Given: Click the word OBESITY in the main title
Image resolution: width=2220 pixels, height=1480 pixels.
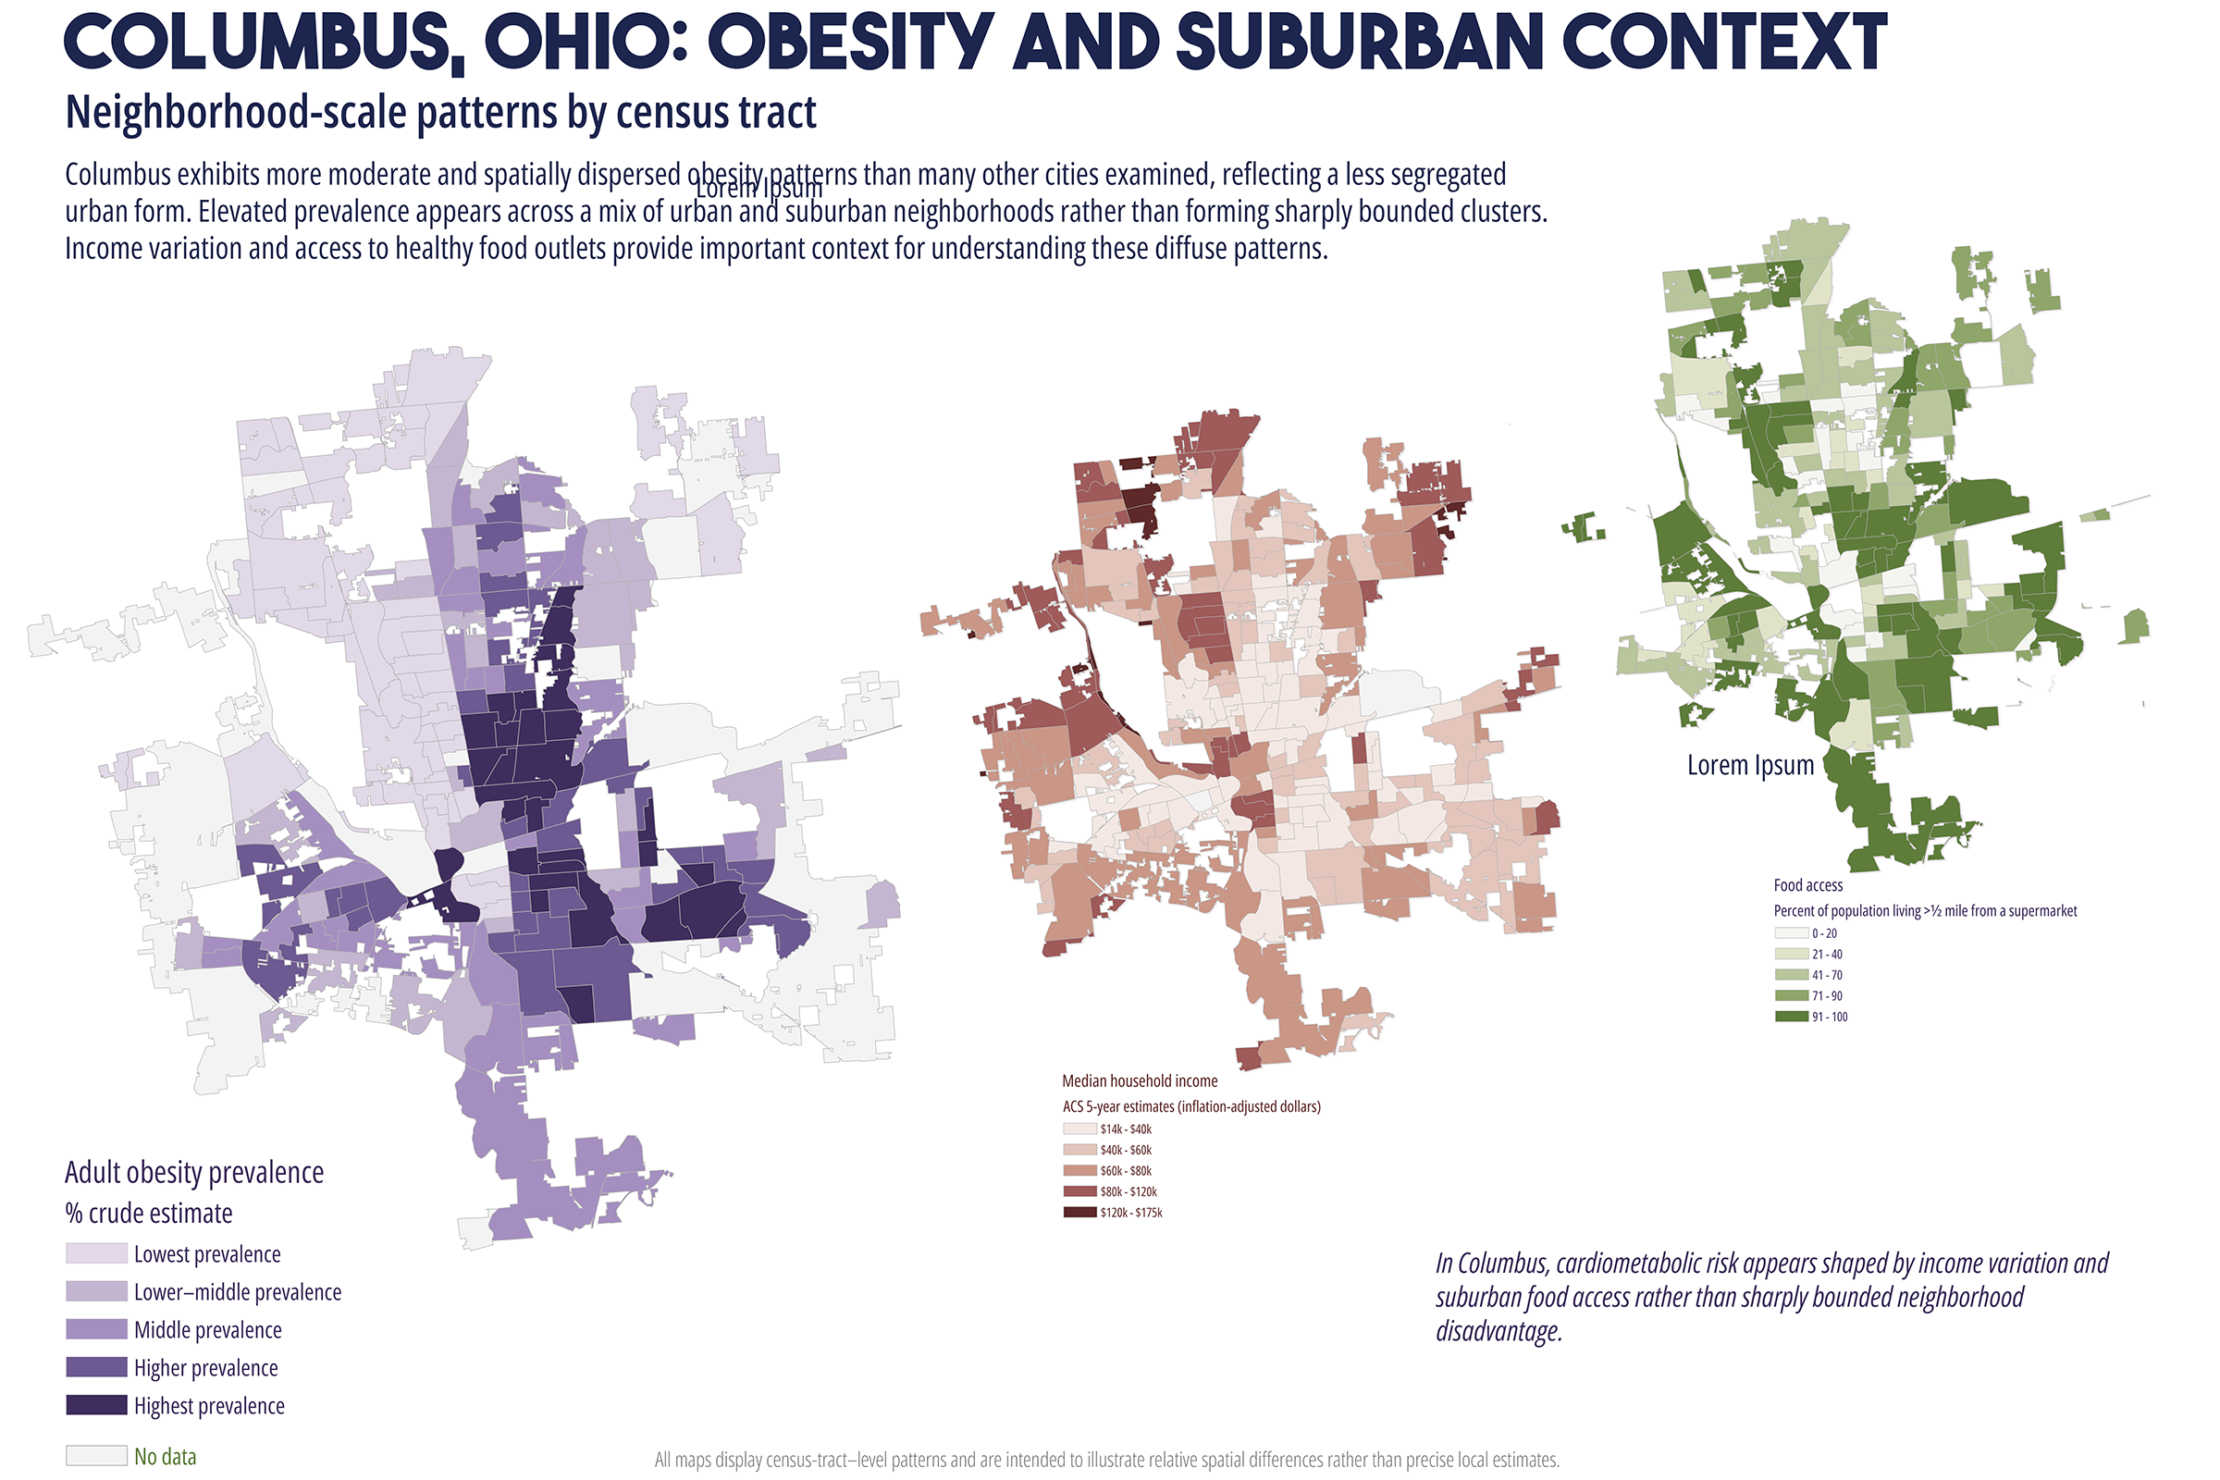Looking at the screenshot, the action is (850, 43).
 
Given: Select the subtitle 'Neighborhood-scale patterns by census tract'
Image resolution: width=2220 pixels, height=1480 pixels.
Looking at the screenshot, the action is (441, 112).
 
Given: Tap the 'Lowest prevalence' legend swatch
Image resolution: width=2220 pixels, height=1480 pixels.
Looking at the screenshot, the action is (96, 1253).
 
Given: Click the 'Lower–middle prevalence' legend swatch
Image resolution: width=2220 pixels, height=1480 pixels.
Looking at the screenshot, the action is (96, 1291).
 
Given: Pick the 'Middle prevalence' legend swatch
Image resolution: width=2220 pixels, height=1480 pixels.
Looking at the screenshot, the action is (96, 1329).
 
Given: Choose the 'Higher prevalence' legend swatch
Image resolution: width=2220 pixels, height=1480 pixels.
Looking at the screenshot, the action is (96, 1367).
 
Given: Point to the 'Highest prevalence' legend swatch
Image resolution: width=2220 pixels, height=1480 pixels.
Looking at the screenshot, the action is (96, 1404).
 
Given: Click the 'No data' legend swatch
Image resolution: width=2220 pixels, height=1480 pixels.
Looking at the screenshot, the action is (96, 1455).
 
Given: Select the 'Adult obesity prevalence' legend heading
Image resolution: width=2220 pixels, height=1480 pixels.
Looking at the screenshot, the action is (194, 1172).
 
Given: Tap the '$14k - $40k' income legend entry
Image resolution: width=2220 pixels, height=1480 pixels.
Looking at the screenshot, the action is (1108, 1128).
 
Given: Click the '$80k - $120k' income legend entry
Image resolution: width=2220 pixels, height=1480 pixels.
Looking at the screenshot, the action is (1111, 1191).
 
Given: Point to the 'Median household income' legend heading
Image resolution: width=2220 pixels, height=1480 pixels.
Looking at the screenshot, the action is (1141, 1080).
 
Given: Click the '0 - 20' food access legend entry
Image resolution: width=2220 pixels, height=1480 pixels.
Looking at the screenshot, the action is (1806, 932).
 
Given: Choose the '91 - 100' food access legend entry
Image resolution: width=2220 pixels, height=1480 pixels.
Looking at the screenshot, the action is (1811, 1017).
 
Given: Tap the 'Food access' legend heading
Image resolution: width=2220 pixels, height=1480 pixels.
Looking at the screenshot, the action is (1808, 884).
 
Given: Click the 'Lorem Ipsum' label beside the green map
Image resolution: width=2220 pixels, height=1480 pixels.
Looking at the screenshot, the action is (1751, 765).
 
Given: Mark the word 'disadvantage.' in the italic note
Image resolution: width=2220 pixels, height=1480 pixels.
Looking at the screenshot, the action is (1499, 1331).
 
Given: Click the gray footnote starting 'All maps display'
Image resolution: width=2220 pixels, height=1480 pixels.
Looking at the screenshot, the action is (1107, 1460).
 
